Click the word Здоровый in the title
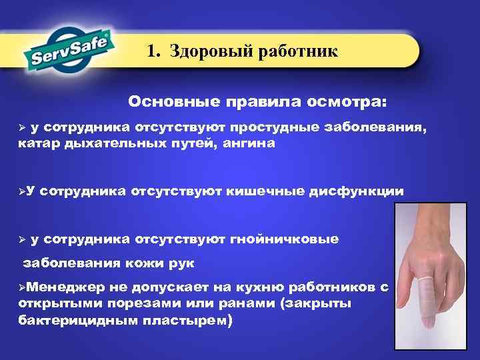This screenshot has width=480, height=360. [207, 51]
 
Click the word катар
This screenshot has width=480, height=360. [39, 143]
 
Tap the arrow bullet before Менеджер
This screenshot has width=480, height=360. [22, 287]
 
